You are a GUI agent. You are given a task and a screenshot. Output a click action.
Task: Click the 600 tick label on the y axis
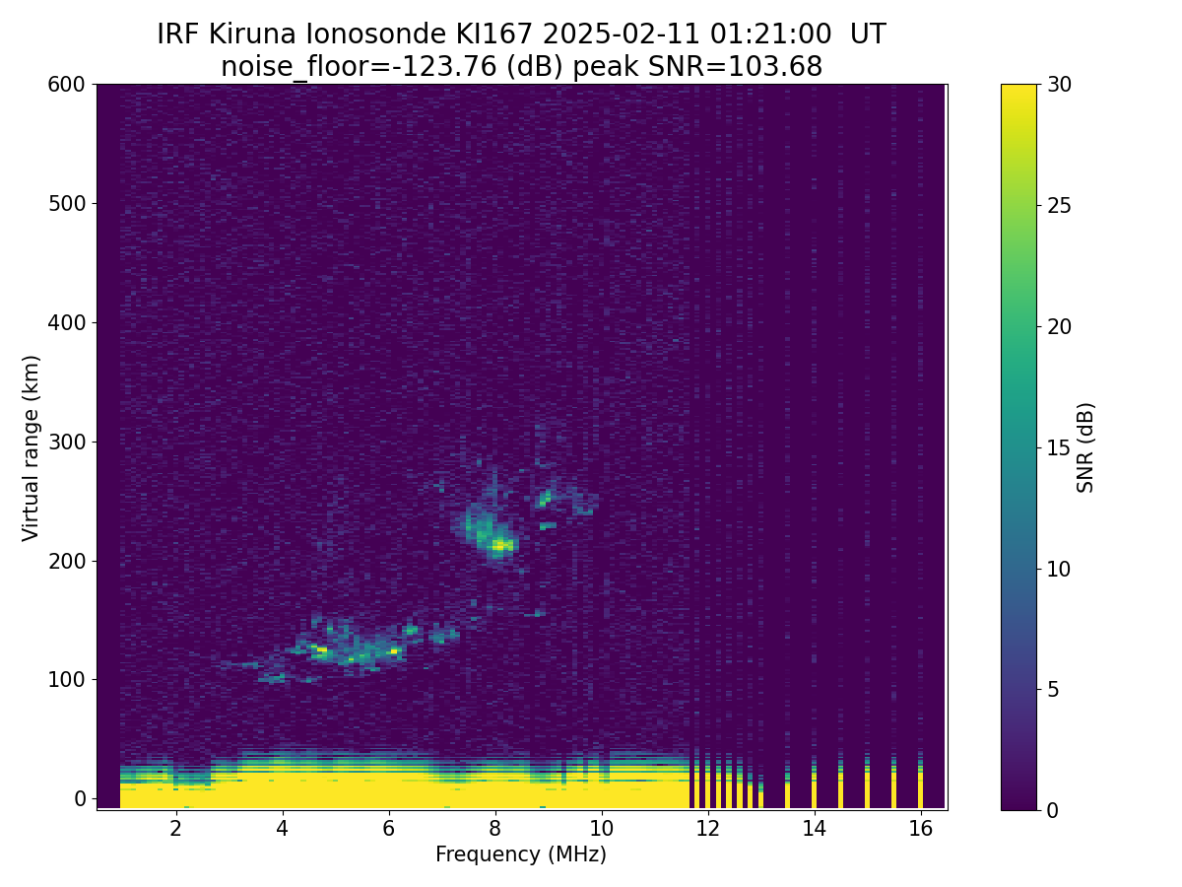(x=66, y=85)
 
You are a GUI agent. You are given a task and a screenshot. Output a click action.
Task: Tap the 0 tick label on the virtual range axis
(x=80, y=798)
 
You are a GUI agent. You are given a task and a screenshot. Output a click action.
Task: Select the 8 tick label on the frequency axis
(x=494, y=829)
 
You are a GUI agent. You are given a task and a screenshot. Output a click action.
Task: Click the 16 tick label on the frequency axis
(x=921, y=829)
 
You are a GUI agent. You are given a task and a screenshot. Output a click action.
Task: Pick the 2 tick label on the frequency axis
(x=175, y=829)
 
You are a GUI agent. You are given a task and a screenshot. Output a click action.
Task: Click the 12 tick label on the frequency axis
(x=707, y=829)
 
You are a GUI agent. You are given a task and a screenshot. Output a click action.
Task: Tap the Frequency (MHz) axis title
(x=521, y=854)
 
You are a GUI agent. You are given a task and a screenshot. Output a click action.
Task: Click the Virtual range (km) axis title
(x=31, y=448)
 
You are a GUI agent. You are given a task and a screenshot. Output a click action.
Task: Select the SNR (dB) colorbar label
(x=1085, y=447)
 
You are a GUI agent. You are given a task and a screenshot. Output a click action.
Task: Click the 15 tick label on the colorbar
(x=1058, y=447)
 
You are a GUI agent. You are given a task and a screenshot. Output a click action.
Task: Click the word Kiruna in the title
(x=252, y=34)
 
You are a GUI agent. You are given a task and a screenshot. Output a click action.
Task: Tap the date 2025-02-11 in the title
(x=622, y=34)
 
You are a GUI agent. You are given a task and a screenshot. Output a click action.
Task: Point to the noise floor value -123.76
(x=448, y=67)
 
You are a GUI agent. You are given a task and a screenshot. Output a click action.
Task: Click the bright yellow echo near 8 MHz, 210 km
(x=501, y=546)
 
